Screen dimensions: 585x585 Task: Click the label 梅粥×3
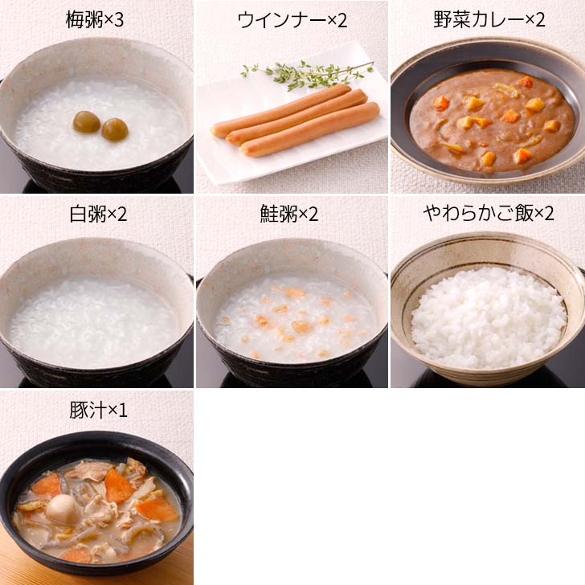click(96, 20)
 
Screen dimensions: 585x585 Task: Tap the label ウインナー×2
click(292, 20)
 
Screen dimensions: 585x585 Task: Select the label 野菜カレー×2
click(488, 20)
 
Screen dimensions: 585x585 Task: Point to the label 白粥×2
click(96, 215)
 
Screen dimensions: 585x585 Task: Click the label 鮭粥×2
click(292, 215)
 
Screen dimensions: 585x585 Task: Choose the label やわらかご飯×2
click(488, 215)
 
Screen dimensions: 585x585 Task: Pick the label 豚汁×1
click(96, 410)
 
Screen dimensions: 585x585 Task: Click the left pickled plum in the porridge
click(87, 122)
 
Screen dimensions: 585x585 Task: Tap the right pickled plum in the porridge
click(114, 129)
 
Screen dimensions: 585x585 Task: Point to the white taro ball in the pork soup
click(61, 507)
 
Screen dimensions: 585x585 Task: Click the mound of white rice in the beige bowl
click(488, 317)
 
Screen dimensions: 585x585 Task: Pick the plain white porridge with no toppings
click(96, 317)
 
